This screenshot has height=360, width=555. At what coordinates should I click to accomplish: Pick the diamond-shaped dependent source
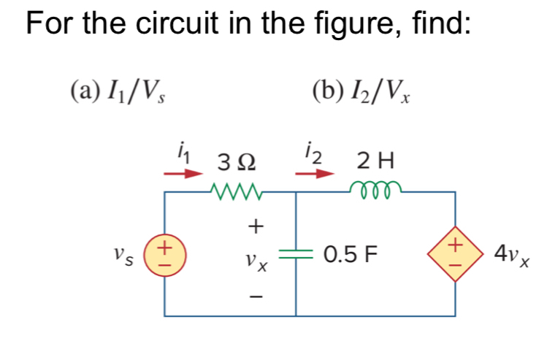click(456, 252)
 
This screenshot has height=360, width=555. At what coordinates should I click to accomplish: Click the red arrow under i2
click(315, 175)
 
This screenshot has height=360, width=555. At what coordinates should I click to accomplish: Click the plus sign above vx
click(256, 226)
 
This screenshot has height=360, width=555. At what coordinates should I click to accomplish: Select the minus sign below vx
click(256, 296)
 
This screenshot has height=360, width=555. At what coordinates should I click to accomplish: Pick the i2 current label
click(313, 154)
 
